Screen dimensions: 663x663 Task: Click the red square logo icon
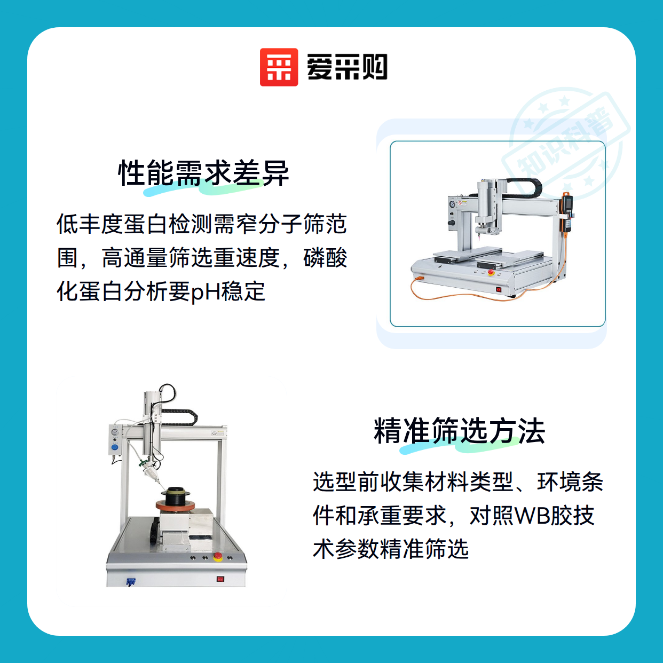pyautogui.click(x=279, y=67)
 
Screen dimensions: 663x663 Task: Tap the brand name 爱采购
pyautogui.click(x=347, y=67)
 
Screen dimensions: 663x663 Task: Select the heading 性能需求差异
pyautogui.click(x=203, y=173)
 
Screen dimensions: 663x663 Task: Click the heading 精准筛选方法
pyautogui.click(x=460, y=430)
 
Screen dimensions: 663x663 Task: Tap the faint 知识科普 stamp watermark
pyautogui.click(x=566, y=145)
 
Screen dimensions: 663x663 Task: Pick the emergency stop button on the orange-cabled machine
pyautogui.click(x=491, y=272)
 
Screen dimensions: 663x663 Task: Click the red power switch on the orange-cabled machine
pyautogui.click(x=499, y=289)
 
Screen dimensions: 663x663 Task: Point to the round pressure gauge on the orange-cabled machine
pyautogui.click(x=452, y=204)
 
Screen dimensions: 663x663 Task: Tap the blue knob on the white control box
pyautogui.click(x=115, y=448)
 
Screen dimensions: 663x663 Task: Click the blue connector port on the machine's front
pyautogui.click(x=130, y=582)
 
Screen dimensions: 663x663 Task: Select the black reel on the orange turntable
pyautogui.click(x=176, y=495)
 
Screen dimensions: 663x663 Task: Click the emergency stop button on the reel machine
pyautogui.click(x=217, y=556)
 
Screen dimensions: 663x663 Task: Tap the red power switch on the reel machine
pyautogui.click(x=220, y=579)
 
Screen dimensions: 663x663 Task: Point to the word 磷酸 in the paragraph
pyautogui.click(x=325, y=258)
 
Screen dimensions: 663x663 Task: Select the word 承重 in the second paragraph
pyautogui.click(x=380, y=515)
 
